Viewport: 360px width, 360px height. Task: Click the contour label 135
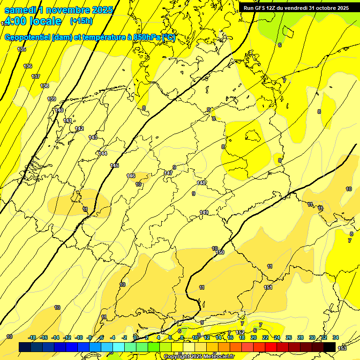click(x=22, y=49)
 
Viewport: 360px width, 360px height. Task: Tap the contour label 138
click(x=45, y=86)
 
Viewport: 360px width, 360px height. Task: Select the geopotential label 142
click(x=79, y=128)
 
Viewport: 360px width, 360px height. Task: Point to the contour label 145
click(x=114, y=165)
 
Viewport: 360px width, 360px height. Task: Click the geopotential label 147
click(x=168, y=173)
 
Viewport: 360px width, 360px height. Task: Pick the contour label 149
click(x=204, y=212)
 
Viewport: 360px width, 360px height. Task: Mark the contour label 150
click(x=220, y=252)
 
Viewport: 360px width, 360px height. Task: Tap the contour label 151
click(x=268, y=287)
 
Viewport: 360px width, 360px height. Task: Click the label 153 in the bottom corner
click(x=342, y=348)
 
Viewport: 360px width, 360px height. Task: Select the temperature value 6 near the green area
click(x=279, y=45)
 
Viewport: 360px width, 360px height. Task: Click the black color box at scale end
click(x=330, y=346)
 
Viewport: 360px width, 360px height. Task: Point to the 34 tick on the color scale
click(x=336, y=337)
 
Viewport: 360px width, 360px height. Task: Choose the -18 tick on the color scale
click(x=32, y=337)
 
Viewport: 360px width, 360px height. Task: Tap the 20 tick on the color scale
click(x=253, y=337)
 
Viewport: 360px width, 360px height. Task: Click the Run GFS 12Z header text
click(x=296, y=8)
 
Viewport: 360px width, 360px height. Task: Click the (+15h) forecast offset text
click(x=81, y=21)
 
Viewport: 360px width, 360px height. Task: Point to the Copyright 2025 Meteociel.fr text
click(x=199, y=356)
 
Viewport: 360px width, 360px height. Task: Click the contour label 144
click(x=102, y=153)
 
